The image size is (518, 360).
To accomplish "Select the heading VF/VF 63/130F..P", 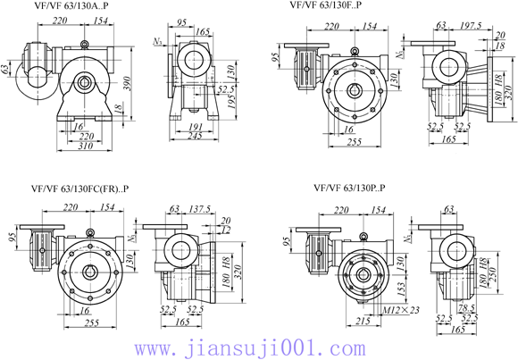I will [327, 6].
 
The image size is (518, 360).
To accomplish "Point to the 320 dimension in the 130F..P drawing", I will [507, 84].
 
